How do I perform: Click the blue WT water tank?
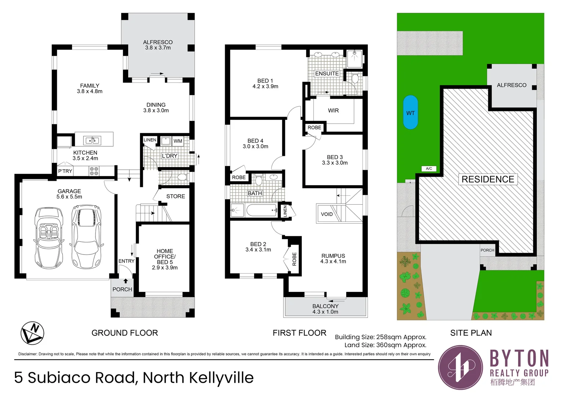[410, 112]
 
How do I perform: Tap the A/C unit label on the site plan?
[429, 169]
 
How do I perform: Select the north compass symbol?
[32, 333]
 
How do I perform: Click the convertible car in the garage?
[48, 238]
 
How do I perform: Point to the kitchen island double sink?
[92, 140]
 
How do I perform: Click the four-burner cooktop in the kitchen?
[94, 171]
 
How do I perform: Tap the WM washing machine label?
[178, 141]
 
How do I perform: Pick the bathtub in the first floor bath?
[262, 210]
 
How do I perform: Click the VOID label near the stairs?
[327, 214]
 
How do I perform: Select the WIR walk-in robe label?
[333, 111]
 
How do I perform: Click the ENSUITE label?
[327, 74]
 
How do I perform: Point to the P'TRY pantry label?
[65, 171]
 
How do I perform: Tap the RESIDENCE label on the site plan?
[488, 179]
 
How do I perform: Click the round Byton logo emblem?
[460, 367]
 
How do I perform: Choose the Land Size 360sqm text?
[385, 345]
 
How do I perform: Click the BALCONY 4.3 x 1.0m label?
[325, 309]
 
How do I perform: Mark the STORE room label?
[175, 197]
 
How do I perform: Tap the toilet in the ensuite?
[355, 78]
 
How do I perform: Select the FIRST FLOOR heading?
[300, 333]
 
